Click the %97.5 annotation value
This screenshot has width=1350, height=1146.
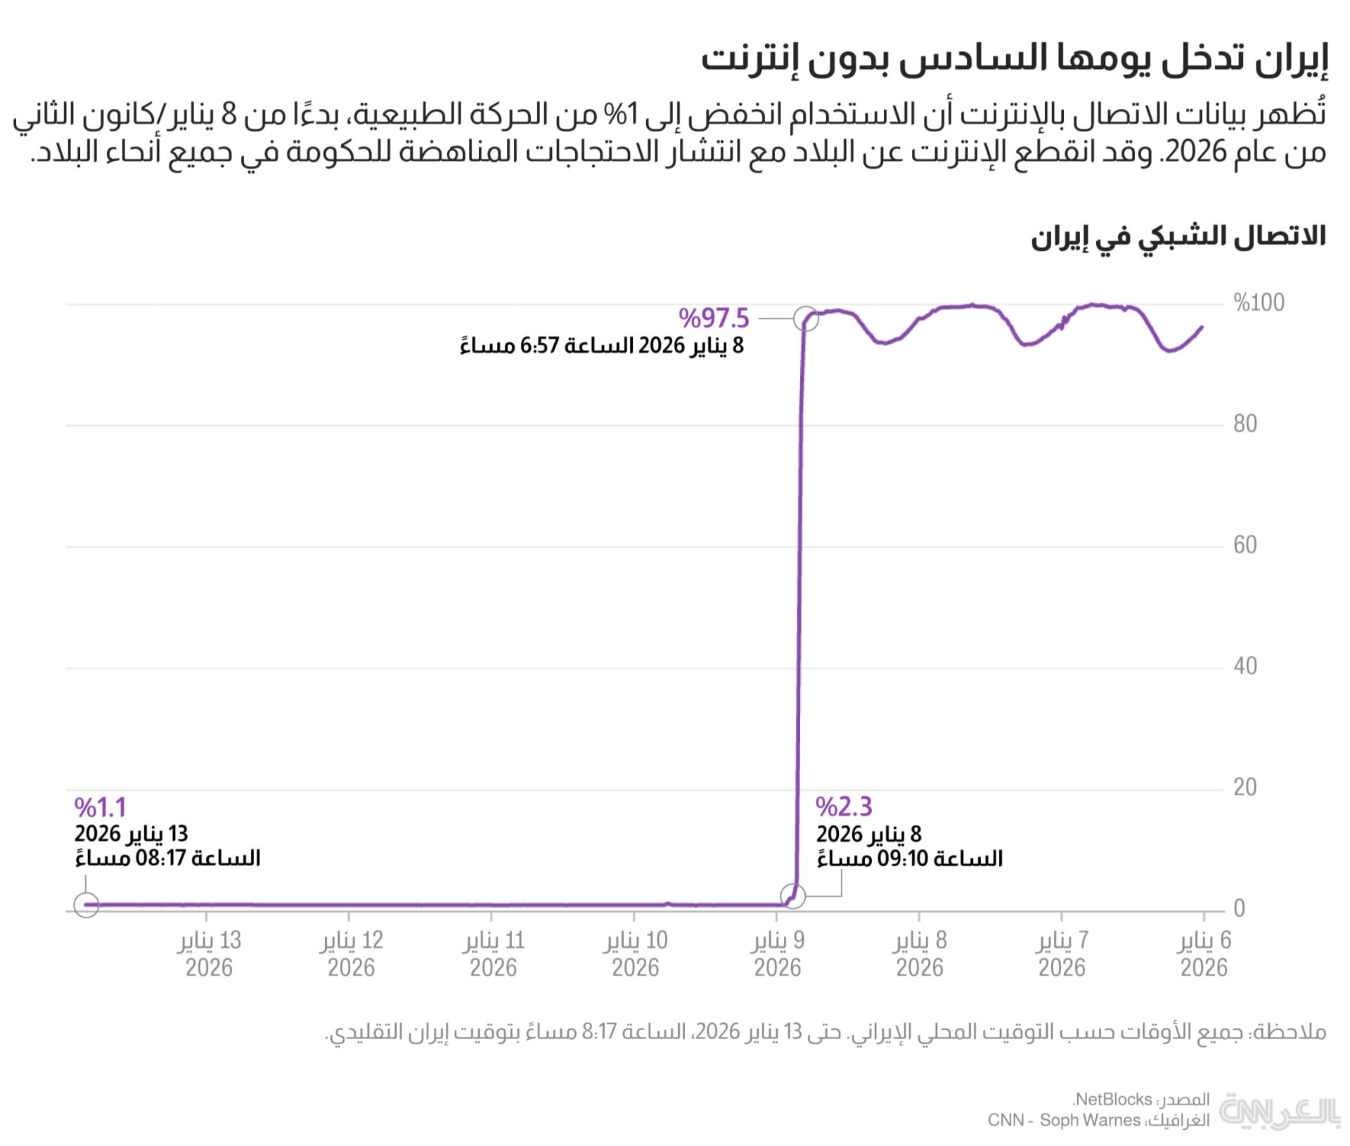[x=714, y=318]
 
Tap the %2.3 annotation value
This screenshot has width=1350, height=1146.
[x=844, y=806]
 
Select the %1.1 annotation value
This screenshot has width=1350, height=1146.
[x=100, y=807]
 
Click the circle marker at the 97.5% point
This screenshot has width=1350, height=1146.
[x=806, y=319]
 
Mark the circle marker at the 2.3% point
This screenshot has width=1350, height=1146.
[x=793, y=896]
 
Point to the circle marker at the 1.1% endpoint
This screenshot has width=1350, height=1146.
[x=86, y=905]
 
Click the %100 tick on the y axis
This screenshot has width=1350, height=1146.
[x=1259, y=303]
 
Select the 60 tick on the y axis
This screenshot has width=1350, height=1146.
[x=1245, y=545]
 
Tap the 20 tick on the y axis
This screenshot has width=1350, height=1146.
[x=1245, y=787]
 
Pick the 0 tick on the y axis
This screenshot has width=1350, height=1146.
[x=1240, y=908]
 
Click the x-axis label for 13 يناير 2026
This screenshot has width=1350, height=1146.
[x=209, y=954]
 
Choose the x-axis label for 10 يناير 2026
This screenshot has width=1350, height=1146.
[x=636, y=954]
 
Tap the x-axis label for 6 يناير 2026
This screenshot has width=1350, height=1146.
[x=1204, y=954]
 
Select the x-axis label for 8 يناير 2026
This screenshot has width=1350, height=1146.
[x=920, y=954]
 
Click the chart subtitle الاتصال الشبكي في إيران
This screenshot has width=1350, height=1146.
[x=1178, y=237]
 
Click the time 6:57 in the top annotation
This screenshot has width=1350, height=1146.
[x=539, y=346]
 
